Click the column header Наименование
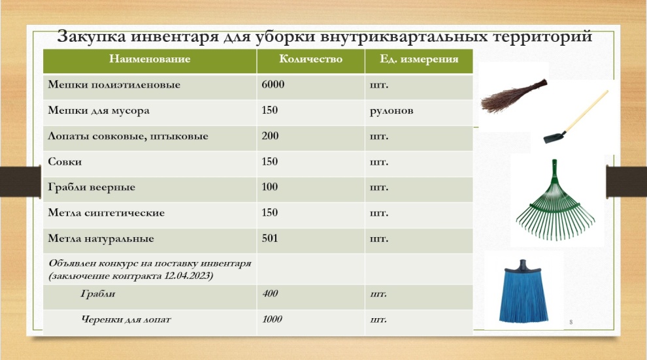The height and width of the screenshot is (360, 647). coord(150,59)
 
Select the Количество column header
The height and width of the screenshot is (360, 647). coord(310,59)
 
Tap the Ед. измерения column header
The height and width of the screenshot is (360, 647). coord(419,59)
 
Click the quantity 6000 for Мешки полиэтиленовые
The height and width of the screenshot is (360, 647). coord(273,84)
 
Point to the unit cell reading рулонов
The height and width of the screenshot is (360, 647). coord(391,111)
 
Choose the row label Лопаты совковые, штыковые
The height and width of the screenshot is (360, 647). coord(128,136)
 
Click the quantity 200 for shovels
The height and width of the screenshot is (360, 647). coord(270,136)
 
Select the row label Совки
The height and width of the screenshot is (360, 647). coord(65,161)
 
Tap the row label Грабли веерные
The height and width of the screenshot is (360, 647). coord(91,188)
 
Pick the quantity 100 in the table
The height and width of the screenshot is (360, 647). coord(269,187)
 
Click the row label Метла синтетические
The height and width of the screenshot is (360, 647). coord(106,213)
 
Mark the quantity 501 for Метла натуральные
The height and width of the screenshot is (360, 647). coord(269,238)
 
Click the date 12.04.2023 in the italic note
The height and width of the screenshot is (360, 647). coord(188,276)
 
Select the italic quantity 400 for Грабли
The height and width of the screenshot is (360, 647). coord(271,293)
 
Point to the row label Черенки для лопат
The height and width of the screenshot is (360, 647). coord(126,319)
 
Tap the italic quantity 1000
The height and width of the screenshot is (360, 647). coord(273,319)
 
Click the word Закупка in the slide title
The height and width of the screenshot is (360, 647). coord(91,37)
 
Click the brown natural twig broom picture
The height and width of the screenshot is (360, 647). coord(514,95)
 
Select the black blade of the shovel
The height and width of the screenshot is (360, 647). coord(555,137)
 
